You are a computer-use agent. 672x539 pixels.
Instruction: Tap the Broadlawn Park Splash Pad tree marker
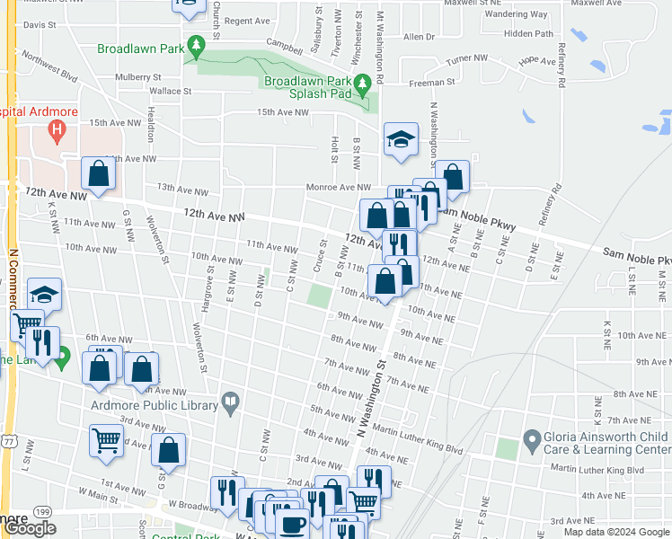pyautogui.click(x=363, y=86)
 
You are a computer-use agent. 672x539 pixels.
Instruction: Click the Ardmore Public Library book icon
pyautogui.click(x=231, y=404)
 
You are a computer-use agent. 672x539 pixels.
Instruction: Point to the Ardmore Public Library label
pyautogui.click(x=154, y=405)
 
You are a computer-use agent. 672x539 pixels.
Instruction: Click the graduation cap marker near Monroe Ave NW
pyautogui.click(x=401, y=140)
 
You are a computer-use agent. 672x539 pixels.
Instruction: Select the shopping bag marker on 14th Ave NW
pyautogui.click(x=98, y=174)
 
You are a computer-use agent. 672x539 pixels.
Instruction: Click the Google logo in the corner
pyautogui.click(x=31, y=528)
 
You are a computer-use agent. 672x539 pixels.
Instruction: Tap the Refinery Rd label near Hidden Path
pyautogui.click(x=561, y=65)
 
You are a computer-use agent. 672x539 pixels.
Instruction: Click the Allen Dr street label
pyautogui.click(x=419, y=37)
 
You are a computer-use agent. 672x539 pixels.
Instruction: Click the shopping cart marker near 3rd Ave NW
pyautogui.click(x=106, y=442)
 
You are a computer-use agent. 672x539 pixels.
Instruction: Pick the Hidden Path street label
pyautogui.click(x=529, y=33)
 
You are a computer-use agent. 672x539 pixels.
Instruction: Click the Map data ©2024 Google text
pyautogui.click(x=615, y=532)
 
